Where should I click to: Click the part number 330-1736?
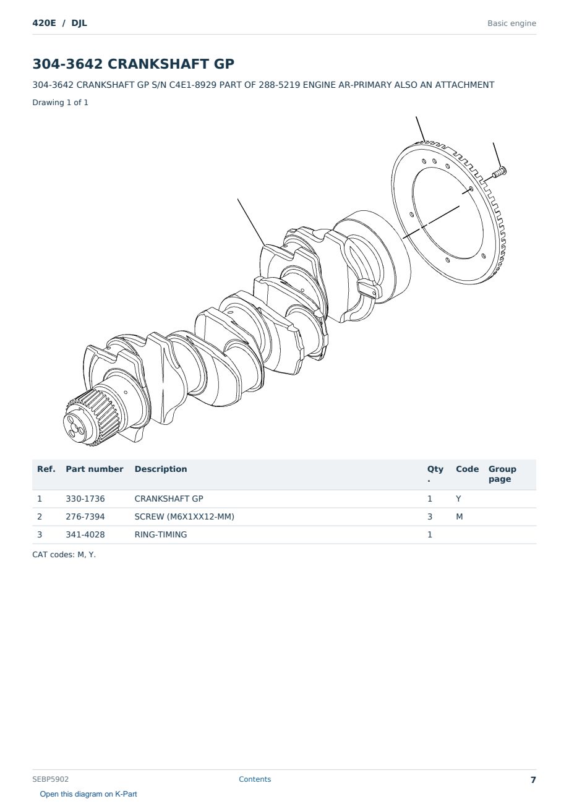85,498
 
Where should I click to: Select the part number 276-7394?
85,516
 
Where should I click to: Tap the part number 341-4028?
85,534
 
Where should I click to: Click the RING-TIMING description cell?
160,534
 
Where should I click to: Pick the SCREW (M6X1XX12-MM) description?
184,516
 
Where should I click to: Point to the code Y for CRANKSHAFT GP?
458,498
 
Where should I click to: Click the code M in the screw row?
459,516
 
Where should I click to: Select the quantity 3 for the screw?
430,516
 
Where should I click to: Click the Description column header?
160,469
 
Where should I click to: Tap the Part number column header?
95,469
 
